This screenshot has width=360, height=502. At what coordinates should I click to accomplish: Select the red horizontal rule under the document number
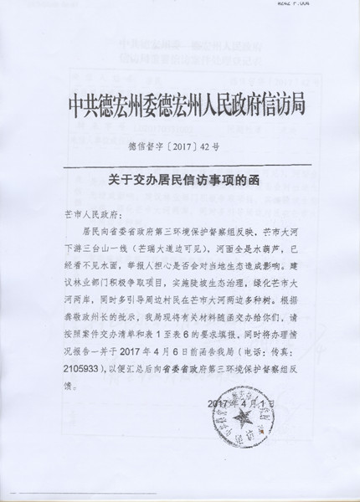(180, 161)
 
